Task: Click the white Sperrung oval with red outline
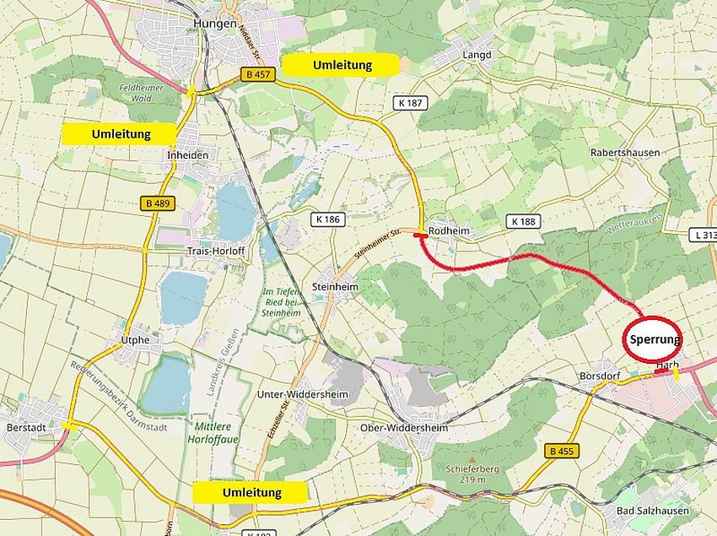click(x=653, y=338)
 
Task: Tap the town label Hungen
click(x=214, y=24)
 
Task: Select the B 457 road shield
click(x=258, y=74)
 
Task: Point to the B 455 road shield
click(x=560, y=451)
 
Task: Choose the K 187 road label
click(x=409, y=102)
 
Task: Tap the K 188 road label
click(x=524, y=221)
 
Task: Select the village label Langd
click(x=476, y=55)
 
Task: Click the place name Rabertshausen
click(x=625, y=153)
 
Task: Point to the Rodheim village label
click(x=449, y=230)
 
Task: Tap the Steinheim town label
click(x=335, y=286)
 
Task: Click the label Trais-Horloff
click(x=215, y=252)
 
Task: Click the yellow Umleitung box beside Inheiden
click(x=121, y=133)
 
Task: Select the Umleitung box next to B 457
click(x=342, y=65)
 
